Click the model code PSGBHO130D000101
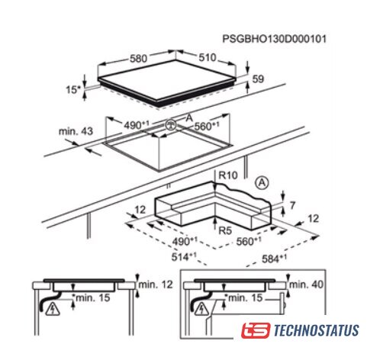(274, 39)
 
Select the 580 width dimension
(138, 59)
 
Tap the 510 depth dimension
(207, 57)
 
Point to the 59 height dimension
(258, 79)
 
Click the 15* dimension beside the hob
(73, 89)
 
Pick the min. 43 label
(76, 131)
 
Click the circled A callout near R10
(262, 183)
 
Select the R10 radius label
(228, 175)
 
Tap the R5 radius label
(225, 230)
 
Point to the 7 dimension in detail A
(292, 205)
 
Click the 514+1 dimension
(184, 256)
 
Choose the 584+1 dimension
(274, 259)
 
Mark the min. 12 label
(156, 284)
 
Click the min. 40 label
(306, 284)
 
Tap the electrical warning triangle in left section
(53, 309)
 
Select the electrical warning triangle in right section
(202, 309)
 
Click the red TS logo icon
(256, 330)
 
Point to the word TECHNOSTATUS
(316, 330)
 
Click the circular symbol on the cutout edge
(170, 125)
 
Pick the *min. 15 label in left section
(91, 297)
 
